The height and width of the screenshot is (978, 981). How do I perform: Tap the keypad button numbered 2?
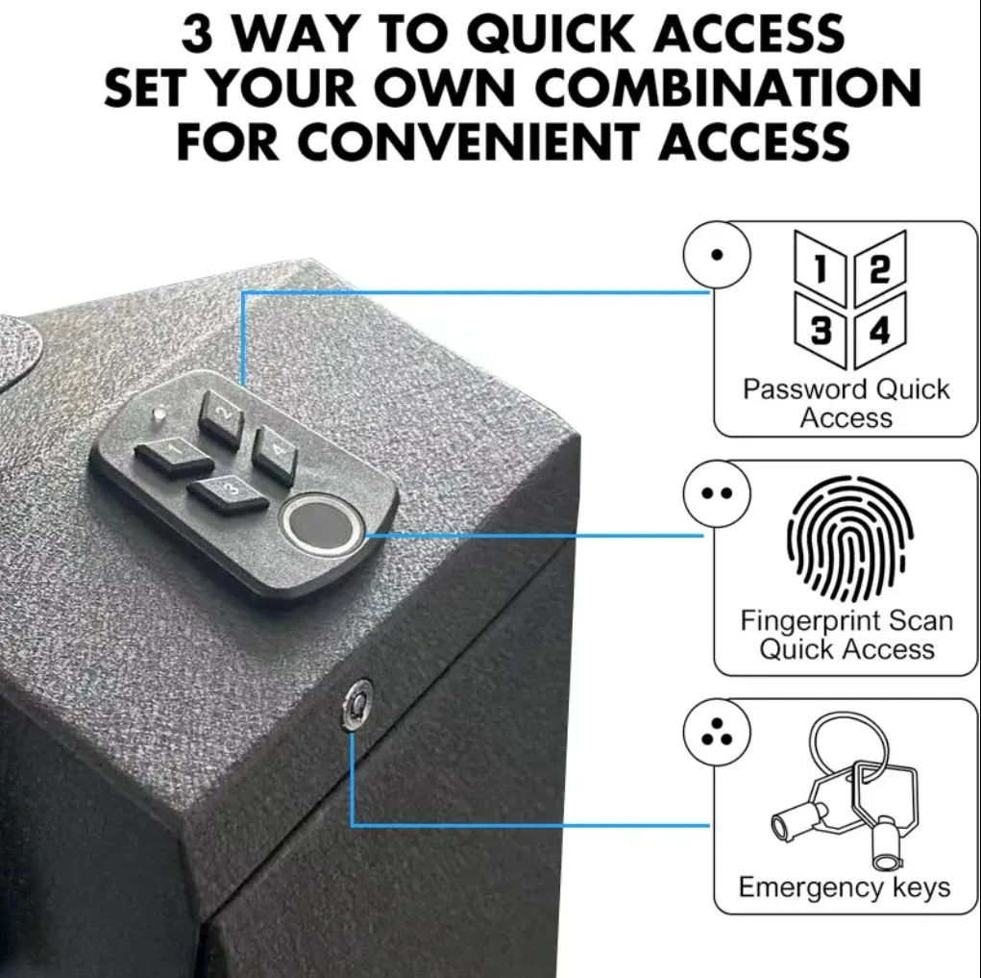tap(220, 417)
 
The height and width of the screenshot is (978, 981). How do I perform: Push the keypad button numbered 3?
tap(229, 492)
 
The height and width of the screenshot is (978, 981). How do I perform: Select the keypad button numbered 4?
tap(275, 451)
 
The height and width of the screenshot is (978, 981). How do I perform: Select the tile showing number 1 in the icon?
tap(820, 270)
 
